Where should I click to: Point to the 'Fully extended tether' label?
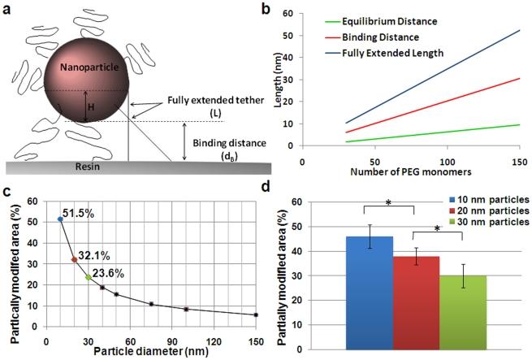point(218,102)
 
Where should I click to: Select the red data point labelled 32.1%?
point(74,260)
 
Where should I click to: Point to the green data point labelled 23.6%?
point(88,277)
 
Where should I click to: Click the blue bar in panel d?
point(370,293)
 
